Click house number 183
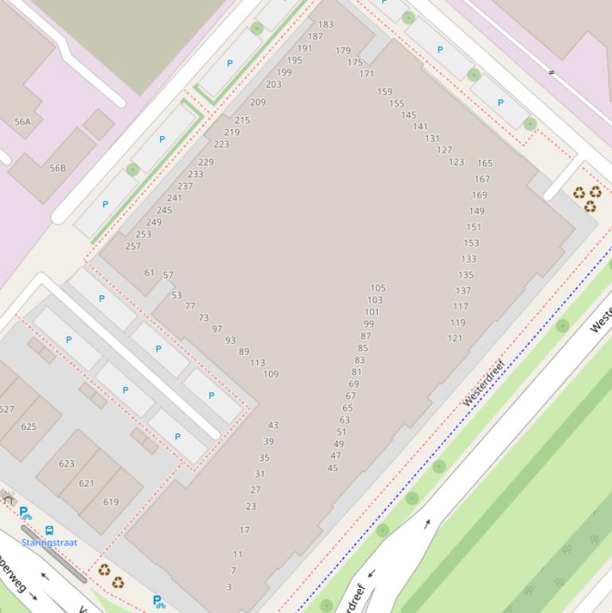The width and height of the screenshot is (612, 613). pyautogui.click(x=325, y=25)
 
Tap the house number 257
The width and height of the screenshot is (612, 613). pyautogui.click(x=133, y=247)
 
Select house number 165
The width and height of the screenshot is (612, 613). pyautogui.click(x=485, y=163)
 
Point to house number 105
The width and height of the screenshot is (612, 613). pyautogui.click(x=378, y=288)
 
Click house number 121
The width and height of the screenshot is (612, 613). pyautogui.click(x=454, y=338)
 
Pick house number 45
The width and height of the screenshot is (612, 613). pyautogui.click(x=333, y=468)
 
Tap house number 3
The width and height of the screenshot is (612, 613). pyautogui.click(x=229, y=588)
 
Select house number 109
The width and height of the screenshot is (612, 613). pyautogui.click(x=271, y=374)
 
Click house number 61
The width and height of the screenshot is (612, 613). pyautogui.click(x=150, y=273)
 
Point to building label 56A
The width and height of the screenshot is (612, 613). pyautogui.click(x=22, y=123)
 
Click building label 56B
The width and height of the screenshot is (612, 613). pyautogui.click(x=58, y=169)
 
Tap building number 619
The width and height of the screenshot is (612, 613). pyautogui.click(x=111, y=502)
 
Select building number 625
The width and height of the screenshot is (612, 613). pyautogui.click(x=29, y=427)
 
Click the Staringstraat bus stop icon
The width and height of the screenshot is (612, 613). pyautogui.click(x=49, y=530)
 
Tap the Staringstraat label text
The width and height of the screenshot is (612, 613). pyautogui.click(x=49, y=543)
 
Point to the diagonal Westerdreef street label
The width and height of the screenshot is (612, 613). pyautogui.click(x=484, y=383)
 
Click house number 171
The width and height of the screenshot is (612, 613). pyautogui.click(x=366, y=74)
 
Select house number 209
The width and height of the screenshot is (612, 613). pyautogui.click(x=258, y=103)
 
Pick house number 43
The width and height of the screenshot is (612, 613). pyautogui.click(x=273, y=426)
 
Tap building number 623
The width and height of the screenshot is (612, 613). pyautogui.click(x=67, y=463)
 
